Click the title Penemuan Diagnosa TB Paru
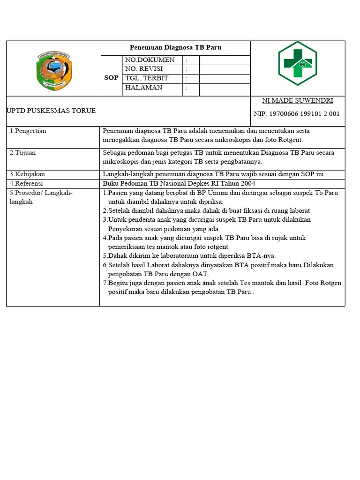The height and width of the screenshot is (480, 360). coord(175,48)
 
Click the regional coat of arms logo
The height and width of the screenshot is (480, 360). coord(53,71)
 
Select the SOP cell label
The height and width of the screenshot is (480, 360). coord(111,78)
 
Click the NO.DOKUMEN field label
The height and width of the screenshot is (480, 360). coord(150,60)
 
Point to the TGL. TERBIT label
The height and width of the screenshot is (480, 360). coord(147,78)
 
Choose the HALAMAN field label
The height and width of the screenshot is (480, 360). coord(144,88)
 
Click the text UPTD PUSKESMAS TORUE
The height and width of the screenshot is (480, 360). coord(51,111)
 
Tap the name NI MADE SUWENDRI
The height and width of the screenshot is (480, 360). coord(298,101)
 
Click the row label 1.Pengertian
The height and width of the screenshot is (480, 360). coord(28,131)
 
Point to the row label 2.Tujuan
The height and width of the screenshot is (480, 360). coord(23,153)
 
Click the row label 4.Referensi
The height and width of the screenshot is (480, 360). coord(26,183)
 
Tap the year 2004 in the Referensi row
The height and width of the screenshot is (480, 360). coord(247,183)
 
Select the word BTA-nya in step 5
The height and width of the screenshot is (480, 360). coord(263,256)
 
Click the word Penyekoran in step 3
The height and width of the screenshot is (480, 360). coord(127,229)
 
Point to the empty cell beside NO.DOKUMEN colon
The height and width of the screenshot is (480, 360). coord(225,60)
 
